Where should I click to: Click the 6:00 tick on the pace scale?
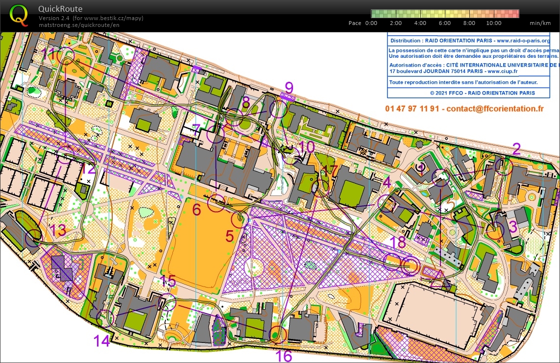click(444, 23)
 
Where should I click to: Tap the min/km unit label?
click(540, 23)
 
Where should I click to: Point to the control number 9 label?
click(289, 88)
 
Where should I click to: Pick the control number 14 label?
click(102, 340)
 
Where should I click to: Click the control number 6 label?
click(196, 210)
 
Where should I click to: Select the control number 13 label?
click(58, 230)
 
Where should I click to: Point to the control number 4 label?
click(387, 183)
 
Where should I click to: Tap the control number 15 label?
click(168, 281)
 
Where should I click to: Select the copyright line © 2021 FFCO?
click(482, 93)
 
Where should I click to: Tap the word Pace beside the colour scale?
click(355, 23)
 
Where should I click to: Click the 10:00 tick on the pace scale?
click(493, 23)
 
